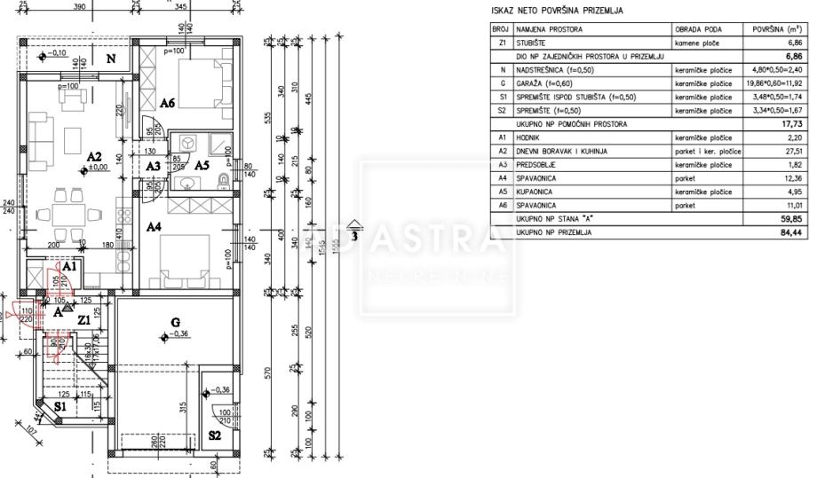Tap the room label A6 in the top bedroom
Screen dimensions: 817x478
[x=167, y=104]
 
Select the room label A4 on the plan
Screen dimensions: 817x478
[x=154, y=227]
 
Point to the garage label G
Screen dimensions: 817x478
[x=176, y=321]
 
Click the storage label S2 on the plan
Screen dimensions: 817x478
[x=215, y=435]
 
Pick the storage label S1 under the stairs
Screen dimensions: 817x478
[x=59, y=406]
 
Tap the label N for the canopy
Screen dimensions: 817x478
[x=111, y=59]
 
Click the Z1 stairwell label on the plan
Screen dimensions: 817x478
[x=83, y=319]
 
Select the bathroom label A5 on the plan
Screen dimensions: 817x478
[x=202, y=166]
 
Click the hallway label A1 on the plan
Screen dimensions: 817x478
[x=71, y=265]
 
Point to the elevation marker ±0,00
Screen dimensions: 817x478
[x=94, y=167]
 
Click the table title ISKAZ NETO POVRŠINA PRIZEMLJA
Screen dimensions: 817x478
[x=557, y=12]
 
